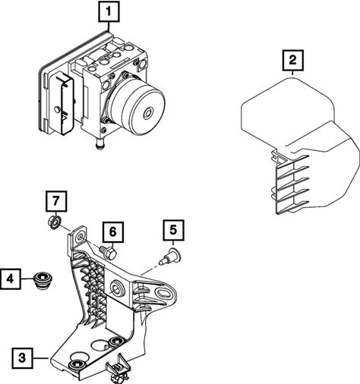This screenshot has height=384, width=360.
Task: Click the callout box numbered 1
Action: point(109,11)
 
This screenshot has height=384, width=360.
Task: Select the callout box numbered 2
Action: point(292,60)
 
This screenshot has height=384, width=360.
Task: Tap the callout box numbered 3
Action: point(22,358)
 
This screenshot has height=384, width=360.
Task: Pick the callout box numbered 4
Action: point(10,279)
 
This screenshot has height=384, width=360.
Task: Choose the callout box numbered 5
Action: point(173,230)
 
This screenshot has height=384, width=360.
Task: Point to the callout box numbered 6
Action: point(113,232)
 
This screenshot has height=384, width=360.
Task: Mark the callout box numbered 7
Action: point(56,201)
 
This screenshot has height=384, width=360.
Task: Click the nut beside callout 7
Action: point(54,222)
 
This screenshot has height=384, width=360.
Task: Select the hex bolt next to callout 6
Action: point(108,252)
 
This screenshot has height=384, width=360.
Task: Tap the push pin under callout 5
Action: point(170,257)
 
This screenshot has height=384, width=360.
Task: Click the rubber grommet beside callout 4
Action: point(42,280)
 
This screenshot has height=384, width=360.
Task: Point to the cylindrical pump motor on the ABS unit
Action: point(137,105)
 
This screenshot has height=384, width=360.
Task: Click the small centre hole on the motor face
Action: point(148,112)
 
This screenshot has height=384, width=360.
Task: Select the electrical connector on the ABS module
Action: point(62,103)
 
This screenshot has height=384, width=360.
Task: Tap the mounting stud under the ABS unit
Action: point(99,145)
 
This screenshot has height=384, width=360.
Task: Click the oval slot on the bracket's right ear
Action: point(165,292)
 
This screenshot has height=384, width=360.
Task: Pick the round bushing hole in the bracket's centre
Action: point(117,288)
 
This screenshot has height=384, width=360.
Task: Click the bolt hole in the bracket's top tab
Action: point(81,237)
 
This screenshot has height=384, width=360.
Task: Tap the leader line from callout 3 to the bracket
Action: point(40,358)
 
